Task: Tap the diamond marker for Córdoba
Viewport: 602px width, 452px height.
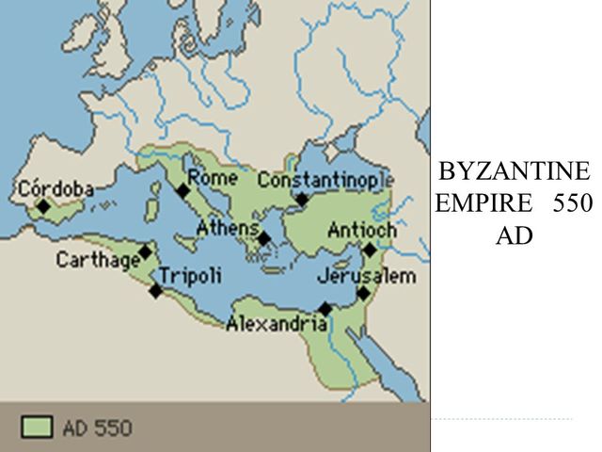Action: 43,205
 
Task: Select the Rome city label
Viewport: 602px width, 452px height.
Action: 213,176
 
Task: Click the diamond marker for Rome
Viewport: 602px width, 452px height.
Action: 183,191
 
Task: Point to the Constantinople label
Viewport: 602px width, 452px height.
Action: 325,179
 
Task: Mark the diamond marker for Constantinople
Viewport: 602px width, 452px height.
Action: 302,199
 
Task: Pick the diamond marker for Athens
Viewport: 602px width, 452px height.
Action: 264,238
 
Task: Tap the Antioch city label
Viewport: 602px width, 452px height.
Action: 362,230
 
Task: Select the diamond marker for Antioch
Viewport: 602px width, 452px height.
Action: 370,250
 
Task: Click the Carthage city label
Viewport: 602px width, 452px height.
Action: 98,260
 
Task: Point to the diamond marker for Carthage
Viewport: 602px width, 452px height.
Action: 145,251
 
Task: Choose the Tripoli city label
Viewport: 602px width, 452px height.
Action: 191,276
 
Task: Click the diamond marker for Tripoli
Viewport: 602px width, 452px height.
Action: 156,290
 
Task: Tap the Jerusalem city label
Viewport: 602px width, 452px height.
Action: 366,276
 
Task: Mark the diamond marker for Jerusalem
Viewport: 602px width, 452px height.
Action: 364,293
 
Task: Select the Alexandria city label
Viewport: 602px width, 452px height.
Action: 277,325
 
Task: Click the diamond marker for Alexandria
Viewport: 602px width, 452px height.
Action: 325,309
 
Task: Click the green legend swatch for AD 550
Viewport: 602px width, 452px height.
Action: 37,427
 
